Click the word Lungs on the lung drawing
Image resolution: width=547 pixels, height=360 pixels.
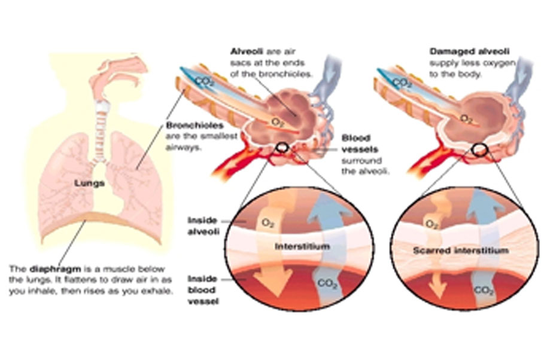[91, 184]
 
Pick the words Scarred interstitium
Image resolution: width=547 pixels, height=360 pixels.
[461, 250]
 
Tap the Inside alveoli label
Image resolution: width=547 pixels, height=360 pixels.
[202, 225]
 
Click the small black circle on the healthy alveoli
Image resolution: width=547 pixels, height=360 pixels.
[282, 147]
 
